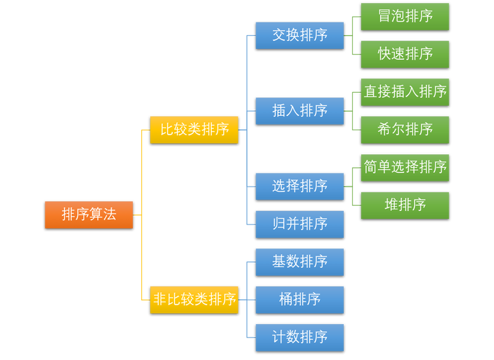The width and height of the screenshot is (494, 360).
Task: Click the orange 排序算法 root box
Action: pyautogui.click(x=89, y=215)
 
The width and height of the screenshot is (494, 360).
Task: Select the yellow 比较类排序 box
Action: pyautogui.click(x=194, y=130)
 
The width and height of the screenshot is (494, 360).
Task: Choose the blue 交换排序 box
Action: pyautogui.click(x=300, y=35)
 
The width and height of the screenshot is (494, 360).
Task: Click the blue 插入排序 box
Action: pyautogui.click(x=300, y=111)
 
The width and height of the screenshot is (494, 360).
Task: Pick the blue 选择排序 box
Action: pyautogui.click(x=300, y=186)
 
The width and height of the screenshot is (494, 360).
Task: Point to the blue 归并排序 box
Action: pyautogui.click(x=300, y=224)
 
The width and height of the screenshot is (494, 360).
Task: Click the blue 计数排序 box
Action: pyautogui.click(x=300, y=337)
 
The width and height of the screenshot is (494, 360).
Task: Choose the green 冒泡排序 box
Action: pyautogui.click(x=405, y=17)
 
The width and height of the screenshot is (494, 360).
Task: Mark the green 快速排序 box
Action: pyautogui.click(x=405, y=54)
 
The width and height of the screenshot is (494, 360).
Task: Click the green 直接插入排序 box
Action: pyautogui.click(x=405, y=92)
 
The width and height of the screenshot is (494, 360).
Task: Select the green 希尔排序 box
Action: pyautogui.click(x=405, y=130)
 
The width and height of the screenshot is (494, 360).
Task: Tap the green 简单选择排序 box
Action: pyautogui.click(x=405, y=167)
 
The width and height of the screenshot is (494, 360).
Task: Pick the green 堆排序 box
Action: pyautogui.click(x=405, y=205)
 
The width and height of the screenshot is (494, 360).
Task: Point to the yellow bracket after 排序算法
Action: pyautogui.click(x=142, y=215)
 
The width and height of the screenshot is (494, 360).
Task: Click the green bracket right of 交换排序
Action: pyautogui.click(x=352, y=35)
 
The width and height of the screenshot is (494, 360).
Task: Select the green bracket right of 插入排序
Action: pyautogui.click(x=352, y=111)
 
